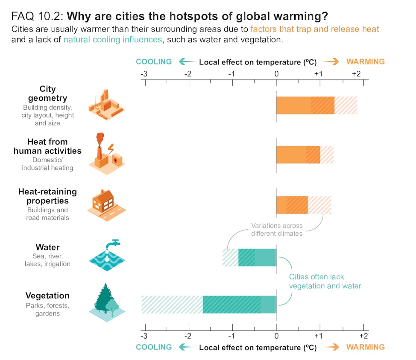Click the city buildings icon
tap(106, 105)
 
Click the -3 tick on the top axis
tap(144, 74)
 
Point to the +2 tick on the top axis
tap(356, 74)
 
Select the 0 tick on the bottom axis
tap(276, 334)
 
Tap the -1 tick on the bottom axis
tap(232, 334)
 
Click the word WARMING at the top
tap(365, 62)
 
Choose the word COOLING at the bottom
tap(154, 347)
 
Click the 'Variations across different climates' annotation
tap(276, 229)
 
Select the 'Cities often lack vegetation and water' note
tap(325, 281)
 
